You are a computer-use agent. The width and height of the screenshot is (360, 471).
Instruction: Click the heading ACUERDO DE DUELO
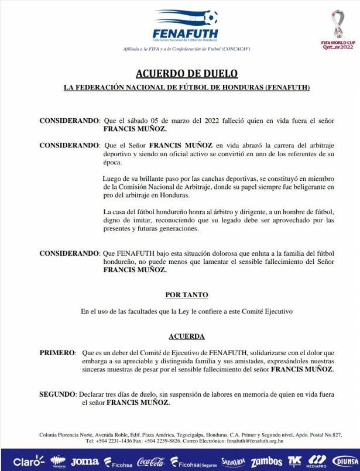pos(187,74)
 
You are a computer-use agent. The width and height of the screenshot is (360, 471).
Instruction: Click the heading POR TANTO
pos(186,295)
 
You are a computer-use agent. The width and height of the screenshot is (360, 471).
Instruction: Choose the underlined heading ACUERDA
pos(186,336)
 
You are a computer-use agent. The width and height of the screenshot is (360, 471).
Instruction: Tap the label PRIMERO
pos(57,353)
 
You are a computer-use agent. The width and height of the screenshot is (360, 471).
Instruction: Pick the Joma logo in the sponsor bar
pos(85,461)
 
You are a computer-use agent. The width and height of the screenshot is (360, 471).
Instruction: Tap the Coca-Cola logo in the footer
pos(150,462)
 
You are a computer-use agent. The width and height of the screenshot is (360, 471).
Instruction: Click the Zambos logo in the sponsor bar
pos(266,462)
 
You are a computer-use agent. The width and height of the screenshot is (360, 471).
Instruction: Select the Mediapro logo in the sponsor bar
pos(317,461)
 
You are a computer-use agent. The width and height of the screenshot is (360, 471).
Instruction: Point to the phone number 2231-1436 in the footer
pos(126,441)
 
